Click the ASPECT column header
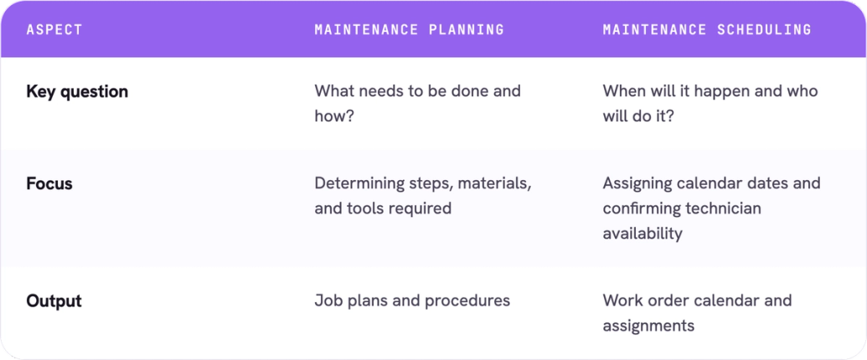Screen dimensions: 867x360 pyautogui.click(x=54, y=29)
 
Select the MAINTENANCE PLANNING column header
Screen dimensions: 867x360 pyautogui.click(x=409, y=29)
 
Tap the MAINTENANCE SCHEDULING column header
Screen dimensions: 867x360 pyautogui.click(x=707, y=29)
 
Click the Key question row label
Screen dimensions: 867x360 pyautogui.click(x=77, y=91)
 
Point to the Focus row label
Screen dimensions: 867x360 pyautogui.click(x=49, y=183)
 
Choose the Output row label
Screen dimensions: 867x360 pyautogui.click(x=54, y=301)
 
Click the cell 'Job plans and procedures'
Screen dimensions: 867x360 pyautogui.click(x=412, y=301)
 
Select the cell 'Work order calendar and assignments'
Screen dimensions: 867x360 pyautogui.click(x=697, y=313)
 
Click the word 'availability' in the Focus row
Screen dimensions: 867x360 pyautogui.click(x=643, y=234)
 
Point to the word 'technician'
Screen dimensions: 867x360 pyautogui.click(x=723, y=208)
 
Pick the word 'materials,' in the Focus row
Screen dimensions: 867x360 pyautogui.click(x=494, y=183)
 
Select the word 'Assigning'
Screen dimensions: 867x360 pyautogui.click(x=637, y=183)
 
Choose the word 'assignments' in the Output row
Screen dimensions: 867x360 pyautogui.click(x=648, y=327)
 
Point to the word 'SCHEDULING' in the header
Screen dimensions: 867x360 pyautogui.click(x=764, y=29)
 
